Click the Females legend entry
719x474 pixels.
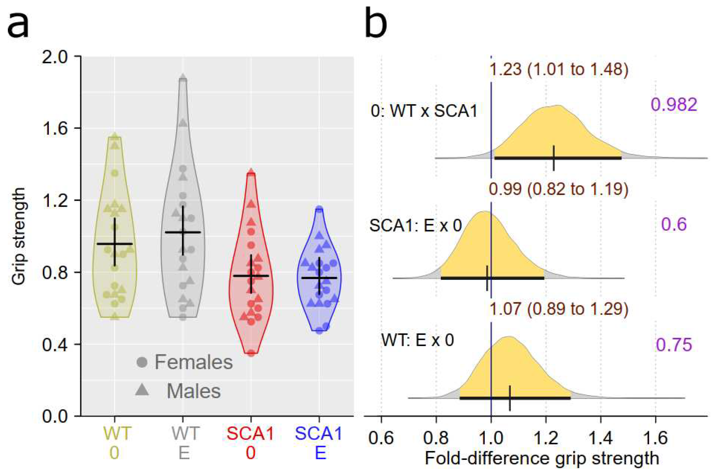[184, 362]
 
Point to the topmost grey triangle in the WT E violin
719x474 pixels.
[183, 78]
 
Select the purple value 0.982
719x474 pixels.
[674, 105]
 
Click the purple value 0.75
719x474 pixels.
[674, 345]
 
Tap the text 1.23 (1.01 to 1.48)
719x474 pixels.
[558, 70]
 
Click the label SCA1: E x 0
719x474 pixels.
[416, 225]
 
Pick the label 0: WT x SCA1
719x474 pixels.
[424, 112]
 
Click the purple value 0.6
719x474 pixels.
[674, 224]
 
